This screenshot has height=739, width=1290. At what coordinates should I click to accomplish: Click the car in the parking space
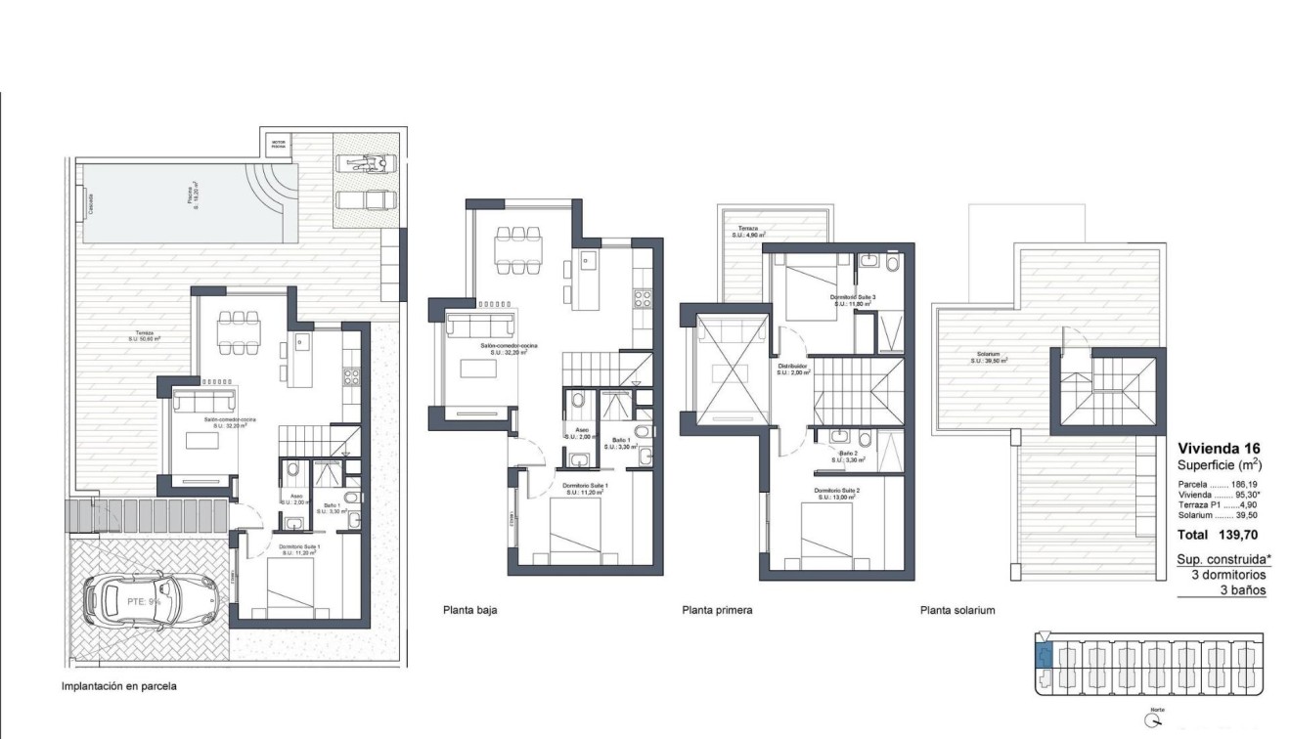click(x=152, y=600)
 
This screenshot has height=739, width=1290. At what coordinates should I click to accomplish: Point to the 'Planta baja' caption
click(x=470, y=610)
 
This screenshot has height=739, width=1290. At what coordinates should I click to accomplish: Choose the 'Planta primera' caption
click(x=717, y=610)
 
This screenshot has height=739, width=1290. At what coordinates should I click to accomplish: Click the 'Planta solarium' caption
click(x=957, y=610)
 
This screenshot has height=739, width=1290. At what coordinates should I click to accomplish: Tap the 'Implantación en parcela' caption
click(x=119, y=686)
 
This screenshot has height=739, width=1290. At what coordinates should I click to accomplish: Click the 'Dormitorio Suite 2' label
click(x=834, y=494)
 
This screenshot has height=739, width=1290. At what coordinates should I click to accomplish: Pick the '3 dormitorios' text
click(x=1228, y=575)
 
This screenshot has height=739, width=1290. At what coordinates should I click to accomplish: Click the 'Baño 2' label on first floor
click(x=848, y=456)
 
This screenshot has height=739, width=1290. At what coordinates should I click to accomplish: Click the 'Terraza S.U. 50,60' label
click(x=144, y=335)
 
